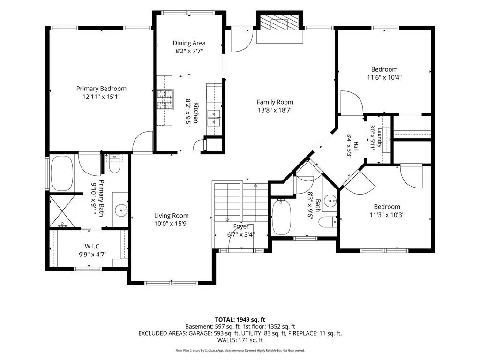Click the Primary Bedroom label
[101, 89]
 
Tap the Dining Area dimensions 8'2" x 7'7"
[189, 51]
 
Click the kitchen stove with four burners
[165, 99]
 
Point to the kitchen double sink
[214, 118]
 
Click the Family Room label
[275, 102]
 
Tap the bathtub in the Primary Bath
[62, 173]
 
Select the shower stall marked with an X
[62, 211]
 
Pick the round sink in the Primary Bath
[122, 210]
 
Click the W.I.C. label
[93, 246]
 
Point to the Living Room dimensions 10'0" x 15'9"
[172, 224]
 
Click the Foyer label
[241, 226]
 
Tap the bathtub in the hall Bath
[281, 217]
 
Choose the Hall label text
[356, 146]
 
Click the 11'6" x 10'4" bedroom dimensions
[384, 77]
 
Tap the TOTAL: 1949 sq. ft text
[240, 320]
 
